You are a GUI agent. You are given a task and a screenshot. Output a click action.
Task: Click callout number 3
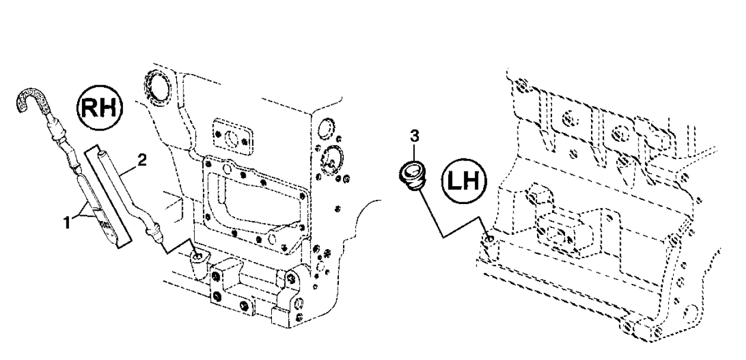pos(414,136)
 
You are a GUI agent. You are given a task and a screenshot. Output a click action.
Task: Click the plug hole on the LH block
pos(488,239)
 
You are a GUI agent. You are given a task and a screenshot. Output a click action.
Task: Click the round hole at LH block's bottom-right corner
pos(690,313)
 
